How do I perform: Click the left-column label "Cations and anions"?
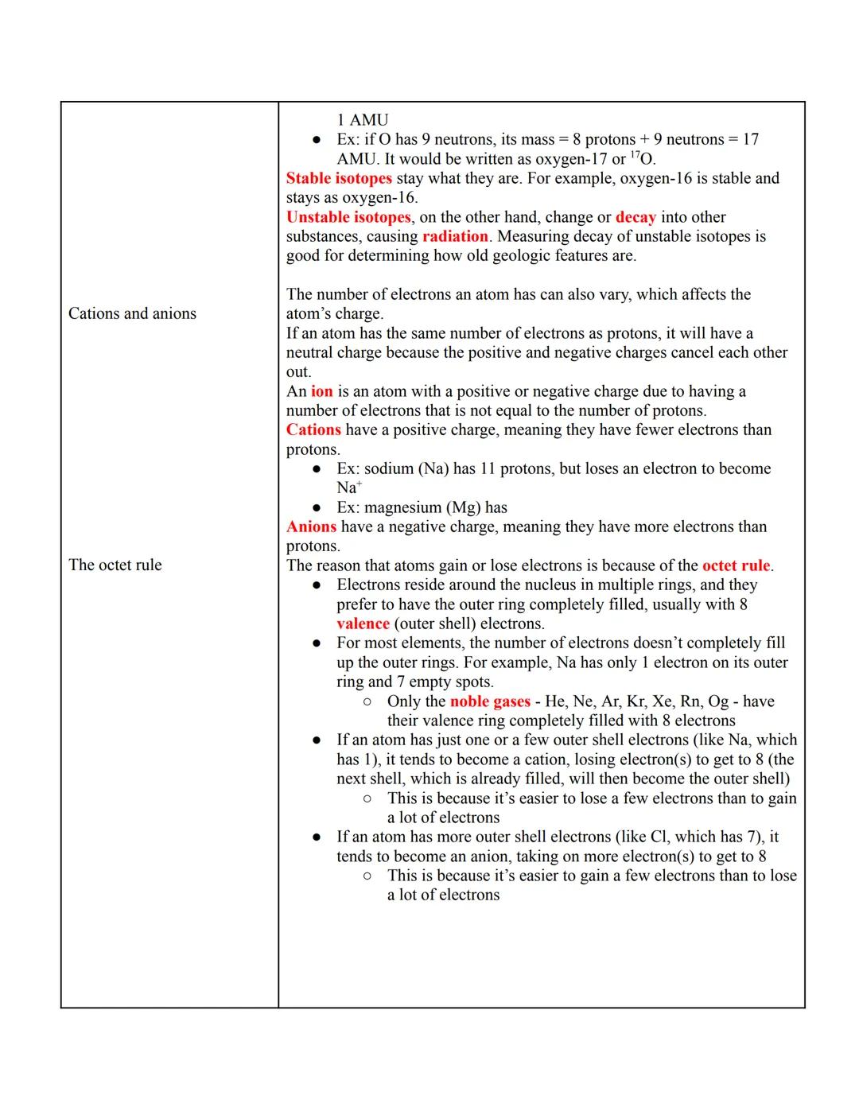(132, 313)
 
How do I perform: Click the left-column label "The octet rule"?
(115, 565)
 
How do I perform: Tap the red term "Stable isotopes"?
(339, 178)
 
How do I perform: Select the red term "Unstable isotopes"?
(348, 217)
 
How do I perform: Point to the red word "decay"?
(636, 217)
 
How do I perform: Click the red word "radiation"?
(455, 236)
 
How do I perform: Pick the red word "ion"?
(321, 391)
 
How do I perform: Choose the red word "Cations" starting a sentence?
(313, 429)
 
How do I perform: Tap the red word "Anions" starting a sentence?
(311, 526)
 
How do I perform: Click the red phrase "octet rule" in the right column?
(736, 565)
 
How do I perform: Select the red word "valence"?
(363, 623)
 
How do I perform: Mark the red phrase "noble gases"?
(490, 701)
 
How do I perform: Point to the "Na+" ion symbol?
(348, 488)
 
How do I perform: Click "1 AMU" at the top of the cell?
(362, 120)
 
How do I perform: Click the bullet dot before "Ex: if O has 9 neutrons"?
(317, 140)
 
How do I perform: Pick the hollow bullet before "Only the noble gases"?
(367, 701)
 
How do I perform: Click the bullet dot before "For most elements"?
(317, 643)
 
